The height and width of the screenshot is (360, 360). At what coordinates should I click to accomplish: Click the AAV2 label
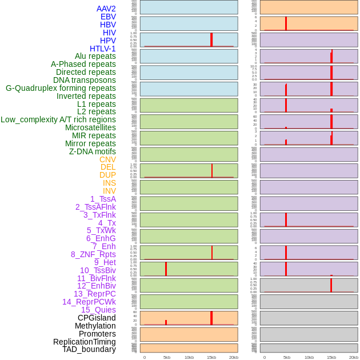click(x=106, y=9)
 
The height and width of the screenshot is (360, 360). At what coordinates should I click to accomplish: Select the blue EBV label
click(x=108, y=17)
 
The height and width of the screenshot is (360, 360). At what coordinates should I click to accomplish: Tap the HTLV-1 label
click(x=102, y=49)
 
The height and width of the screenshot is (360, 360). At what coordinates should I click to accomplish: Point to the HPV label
click(x=107, y=41)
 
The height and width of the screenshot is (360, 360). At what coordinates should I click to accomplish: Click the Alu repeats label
click(x=95, y=56)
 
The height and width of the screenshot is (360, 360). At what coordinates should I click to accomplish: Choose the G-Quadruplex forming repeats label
click(x=61, y=88)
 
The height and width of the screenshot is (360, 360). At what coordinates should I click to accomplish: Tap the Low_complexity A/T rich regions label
click(x=58, y=119)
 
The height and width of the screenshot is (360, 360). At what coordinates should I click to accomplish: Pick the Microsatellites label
click(x=90, y=127)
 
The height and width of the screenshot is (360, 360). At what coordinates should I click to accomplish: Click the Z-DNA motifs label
click(x=92, y=151)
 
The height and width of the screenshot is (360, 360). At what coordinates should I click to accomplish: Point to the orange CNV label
click(x=107, y=159)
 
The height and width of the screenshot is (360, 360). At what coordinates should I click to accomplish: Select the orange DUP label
click(x=107, y=175)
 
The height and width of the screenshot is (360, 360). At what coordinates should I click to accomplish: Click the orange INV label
click(x=109, y=191)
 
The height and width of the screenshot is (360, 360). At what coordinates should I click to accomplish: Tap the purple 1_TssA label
click(x=103, y=199)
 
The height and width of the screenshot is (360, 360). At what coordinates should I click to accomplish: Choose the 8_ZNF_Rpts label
click(x=93, y=254)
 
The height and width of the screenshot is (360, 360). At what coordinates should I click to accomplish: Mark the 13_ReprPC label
click(x=94, y=294)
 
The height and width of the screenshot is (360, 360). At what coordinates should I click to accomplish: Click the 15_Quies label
click(x=98, y=310)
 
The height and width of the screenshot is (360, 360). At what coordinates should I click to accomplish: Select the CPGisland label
click(x=97, y=318)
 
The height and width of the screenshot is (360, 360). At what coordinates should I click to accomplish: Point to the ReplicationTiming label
click(x=84, y=342)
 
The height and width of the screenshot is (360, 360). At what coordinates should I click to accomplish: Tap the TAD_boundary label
click(x=89, y=349)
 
